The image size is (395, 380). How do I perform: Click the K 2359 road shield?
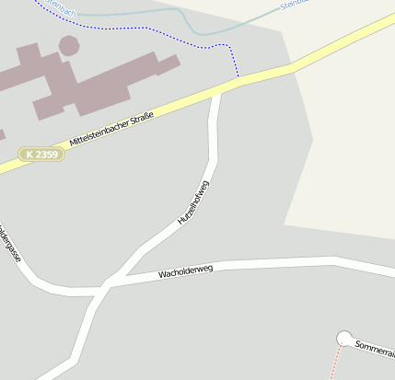tap(41, 155)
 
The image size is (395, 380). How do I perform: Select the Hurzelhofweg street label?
tap(193, 203)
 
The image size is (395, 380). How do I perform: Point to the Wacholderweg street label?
tap(185, 271)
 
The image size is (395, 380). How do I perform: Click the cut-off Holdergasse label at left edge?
tap(10, 242)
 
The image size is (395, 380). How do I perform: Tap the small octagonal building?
tap(69, 44)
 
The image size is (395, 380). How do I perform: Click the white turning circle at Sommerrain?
tap(344, 339)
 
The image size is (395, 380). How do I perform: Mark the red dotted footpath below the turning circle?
tap(337, 363)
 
